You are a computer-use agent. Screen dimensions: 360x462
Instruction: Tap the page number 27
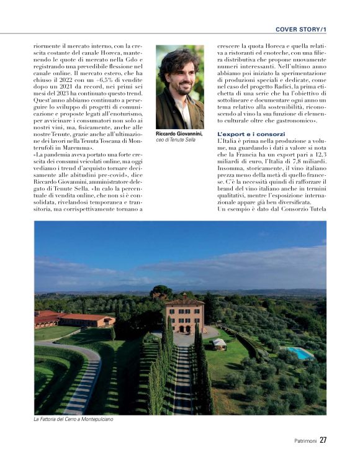pos(323,440)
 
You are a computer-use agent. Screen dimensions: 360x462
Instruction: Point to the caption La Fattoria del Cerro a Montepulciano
pos(73,419)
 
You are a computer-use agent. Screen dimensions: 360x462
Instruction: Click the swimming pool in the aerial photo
pos(300,353)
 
